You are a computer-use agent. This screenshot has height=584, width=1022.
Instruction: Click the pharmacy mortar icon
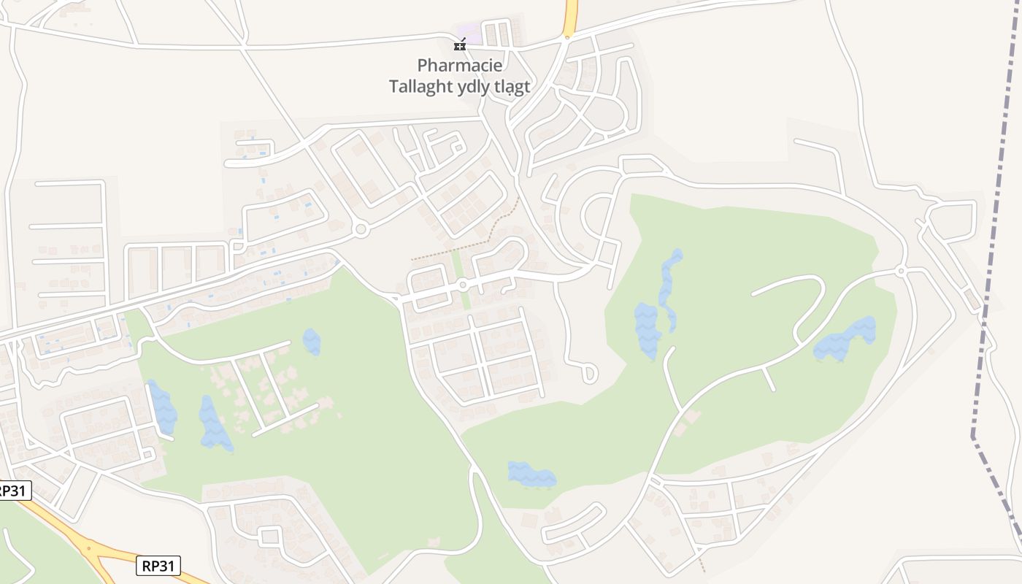click(x=460, y=45)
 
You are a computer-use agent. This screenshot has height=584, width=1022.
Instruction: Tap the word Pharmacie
click(x=460, y=66)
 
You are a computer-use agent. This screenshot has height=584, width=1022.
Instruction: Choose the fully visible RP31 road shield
click(x=158, y=565)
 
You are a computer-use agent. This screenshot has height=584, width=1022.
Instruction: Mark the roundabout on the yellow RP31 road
click(x=90, y=547)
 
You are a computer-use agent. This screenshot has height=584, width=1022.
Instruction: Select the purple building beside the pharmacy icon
click(x=472, y=34)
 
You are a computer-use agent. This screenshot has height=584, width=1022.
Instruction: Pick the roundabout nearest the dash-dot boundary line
click(x=902, y=271)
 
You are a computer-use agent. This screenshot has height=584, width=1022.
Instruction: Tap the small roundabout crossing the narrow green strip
click(x=463, y=285)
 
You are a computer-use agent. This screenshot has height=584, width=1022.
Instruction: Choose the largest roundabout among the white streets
click(x=360, y=230)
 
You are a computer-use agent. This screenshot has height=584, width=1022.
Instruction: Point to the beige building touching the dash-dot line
click(x=972, y=299)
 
